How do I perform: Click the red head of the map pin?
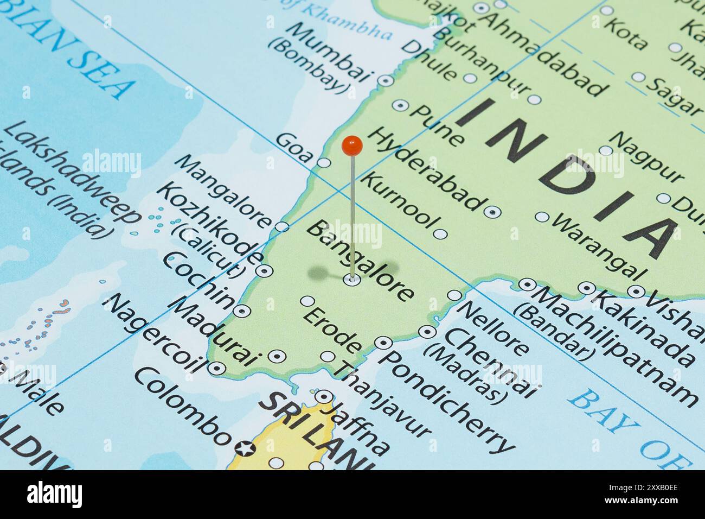pyautogui.click(x=352, y=145)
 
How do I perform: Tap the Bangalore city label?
pyautogui.click(x=360, y=261)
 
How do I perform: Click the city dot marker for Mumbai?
pyautogui.click(x=386, y=81)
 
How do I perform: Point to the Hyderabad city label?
pyautogui.click(x=427, y=169)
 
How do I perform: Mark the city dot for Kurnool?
pyautogui.click(x=440, y=234)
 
